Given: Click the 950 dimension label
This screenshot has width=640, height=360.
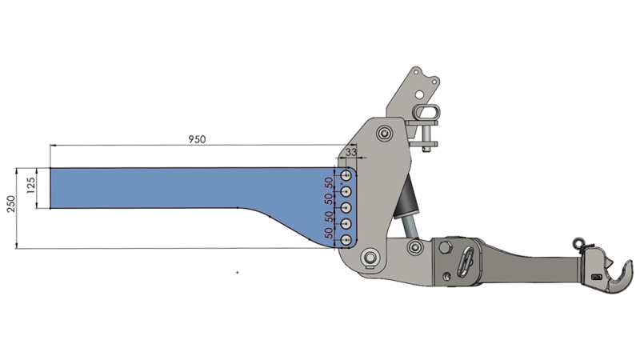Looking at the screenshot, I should pos(197,138).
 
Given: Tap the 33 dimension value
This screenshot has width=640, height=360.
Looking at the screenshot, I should pos(350,152).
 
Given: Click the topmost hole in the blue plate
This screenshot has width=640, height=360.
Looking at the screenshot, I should pos(346,175).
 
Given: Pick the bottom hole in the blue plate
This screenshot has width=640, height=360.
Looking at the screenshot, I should pos(346,240).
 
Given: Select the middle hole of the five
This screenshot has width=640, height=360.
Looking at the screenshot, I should pos(346,208).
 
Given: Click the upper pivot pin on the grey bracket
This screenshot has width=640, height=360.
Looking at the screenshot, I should pos(387,132).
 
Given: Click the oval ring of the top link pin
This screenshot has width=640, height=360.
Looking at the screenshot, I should pos(426,109).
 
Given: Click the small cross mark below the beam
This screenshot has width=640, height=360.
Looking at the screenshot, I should pos(238,273).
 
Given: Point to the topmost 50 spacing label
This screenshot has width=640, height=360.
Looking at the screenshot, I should pos(329,183).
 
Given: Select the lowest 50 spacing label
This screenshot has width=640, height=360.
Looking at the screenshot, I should pos(329,233).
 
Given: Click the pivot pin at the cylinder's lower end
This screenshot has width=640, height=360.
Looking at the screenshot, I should pos(414,247).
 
